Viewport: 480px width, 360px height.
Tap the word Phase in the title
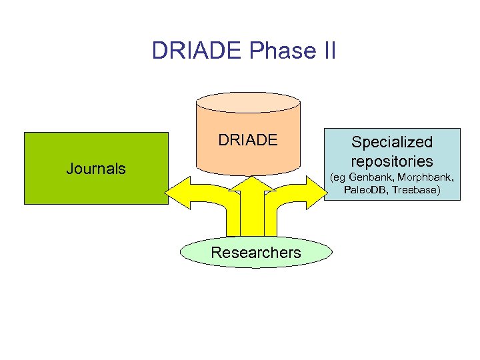tap(270, 51)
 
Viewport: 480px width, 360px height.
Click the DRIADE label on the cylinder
tap(247, 141)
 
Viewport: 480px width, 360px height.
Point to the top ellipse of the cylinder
tap(248, 102)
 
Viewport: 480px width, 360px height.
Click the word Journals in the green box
tap(96, 169)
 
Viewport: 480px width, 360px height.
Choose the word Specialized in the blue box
tap(392, 142)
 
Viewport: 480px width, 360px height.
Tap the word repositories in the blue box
tap(392, 161)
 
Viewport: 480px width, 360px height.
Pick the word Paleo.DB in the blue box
tap(366, 190)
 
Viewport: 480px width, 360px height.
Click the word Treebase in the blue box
tap(414, 190)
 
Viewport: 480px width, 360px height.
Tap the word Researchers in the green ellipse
tap(255, 253)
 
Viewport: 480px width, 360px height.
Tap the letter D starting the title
tap(159, 51)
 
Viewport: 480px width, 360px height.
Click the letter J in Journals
tap(70, 169)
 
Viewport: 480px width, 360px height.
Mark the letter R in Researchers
tap(215, 253)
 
